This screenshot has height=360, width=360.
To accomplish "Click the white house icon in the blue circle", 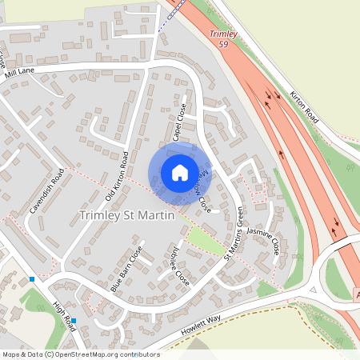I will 179,172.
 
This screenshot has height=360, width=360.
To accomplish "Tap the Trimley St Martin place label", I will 127,215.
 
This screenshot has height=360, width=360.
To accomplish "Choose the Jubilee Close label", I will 178,271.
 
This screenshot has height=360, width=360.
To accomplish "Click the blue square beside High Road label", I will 73,321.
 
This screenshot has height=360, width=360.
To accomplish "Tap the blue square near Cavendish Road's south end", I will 32,278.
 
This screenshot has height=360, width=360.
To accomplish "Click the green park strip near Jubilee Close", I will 205,238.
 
